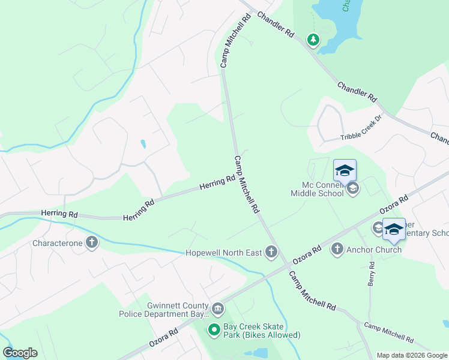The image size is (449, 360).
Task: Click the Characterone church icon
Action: pos(91,242)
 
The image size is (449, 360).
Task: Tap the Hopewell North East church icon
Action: pos(271,252)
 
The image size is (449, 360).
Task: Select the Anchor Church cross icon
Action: pos(337,249)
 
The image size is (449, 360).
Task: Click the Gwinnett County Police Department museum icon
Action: pos(218,309)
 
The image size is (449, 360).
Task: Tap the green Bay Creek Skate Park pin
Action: pos(214,329)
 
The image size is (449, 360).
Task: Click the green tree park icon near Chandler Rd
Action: pos(313,40)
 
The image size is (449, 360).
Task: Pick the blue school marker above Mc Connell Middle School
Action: pos(345,170)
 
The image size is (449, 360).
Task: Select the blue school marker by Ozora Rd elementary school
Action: pos(394,229)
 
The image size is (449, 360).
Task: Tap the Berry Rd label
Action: pos(372,273)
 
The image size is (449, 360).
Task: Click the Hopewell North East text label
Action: pos(223,253)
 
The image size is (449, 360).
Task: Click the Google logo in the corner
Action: pos(20,353)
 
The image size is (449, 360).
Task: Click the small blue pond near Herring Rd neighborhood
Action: pos(142,144)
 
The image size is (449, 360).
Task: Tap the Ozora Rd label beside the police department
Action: pos(164,340)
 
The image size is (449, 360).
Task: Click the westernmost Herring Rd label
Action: pos(59,214)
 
